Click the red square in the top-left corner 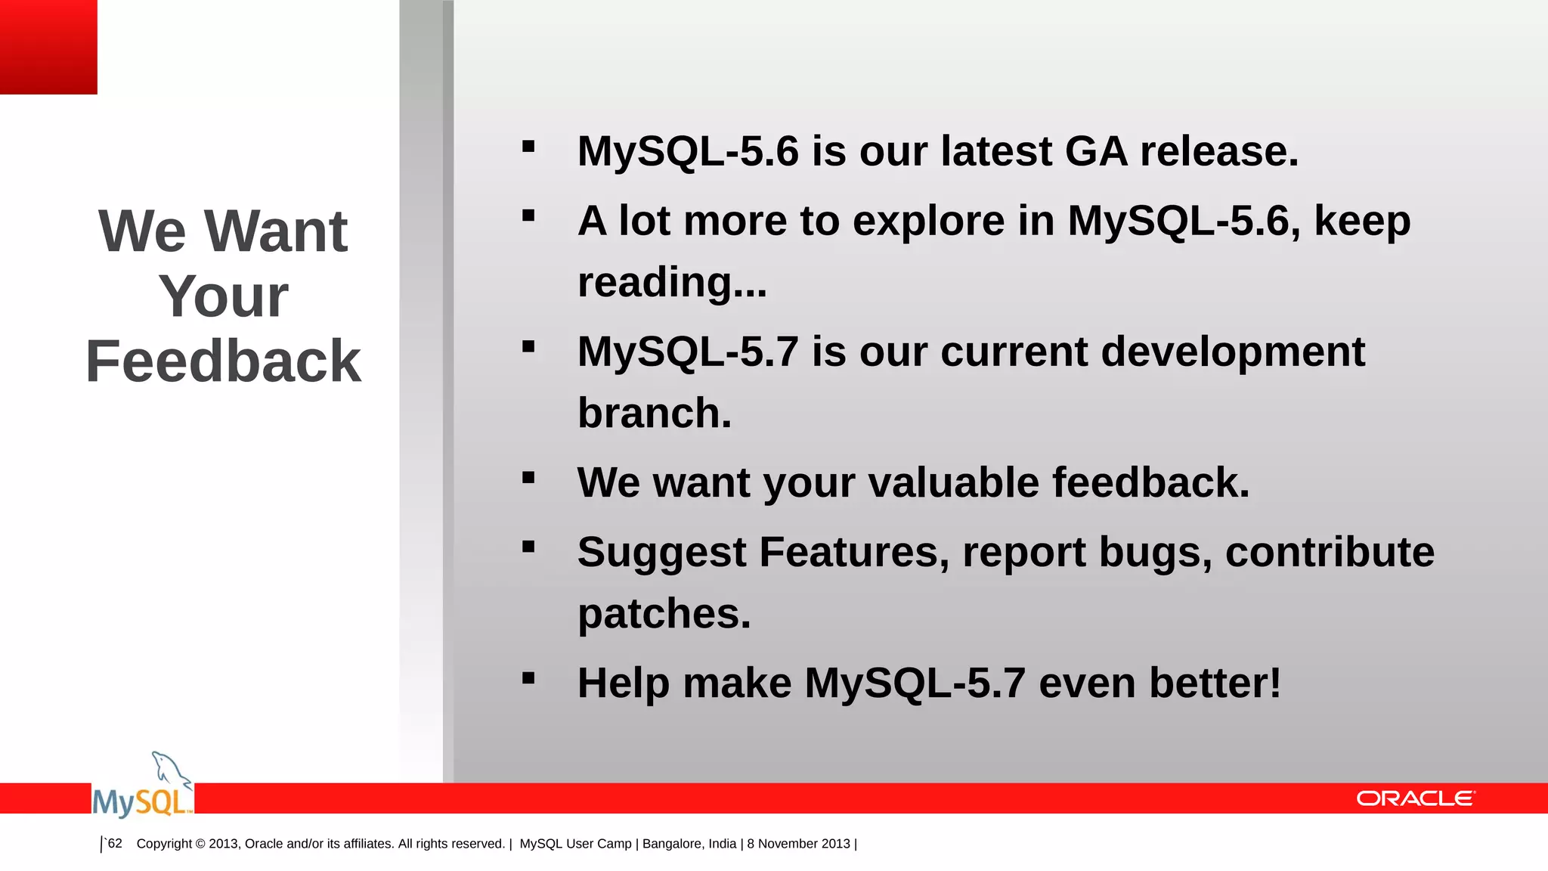pyautogui.click(x=48, y=47)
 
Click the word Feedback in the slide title pyautogui.click(x=223, y=361)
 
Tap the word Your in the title pyautogui.click(x=223, y=296)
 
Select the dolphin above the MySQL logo pyautogui.click(x=171, y=770)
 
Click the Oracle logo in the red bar pyautogui.click(x=1415, y=798)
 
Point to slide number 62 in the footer pyautogui.click(x=115, y=843)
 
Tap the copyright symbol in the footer pyautogui.click(x=200, y=844)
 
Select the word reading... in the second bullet pyautogui.click(x=672, y=283)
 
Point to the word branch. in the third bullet pyautogui.click(x=655, y=414)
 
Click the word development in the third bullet pyautogui.click(x=1232, y=352)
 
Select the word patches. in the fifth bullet pyautogui.click(x=664, y=613)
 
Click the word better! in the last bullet pyautogui.click(x=1215, y=683)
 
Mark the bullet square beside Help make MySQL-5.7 pyautogui.click(x=528, y=677)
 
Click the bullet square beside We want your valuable pyautogui.click(x=528, y=477)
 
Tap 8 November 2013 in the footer pyautogui.click(x=798, y=844)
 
